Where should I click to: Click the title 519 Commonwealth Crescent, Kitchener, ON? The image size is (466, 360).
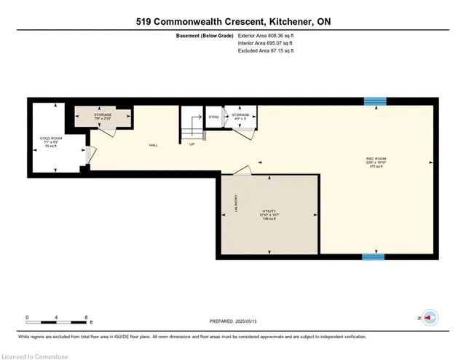tap(233, 22)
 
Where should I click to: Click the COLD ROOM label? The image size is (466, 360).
tap(50, 138)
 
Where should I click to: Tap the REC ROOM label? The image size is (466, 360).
tap(375, 160)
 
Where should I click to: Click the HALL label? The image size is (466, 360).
tap(154, 145)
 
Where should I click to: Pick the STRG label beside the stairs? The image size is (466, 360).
tap(213, 117)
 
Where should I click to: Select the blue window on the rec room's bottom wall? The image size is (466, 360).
tap(374, 257)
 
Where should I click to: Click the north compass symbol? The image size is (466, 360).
tap(429, 318)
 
